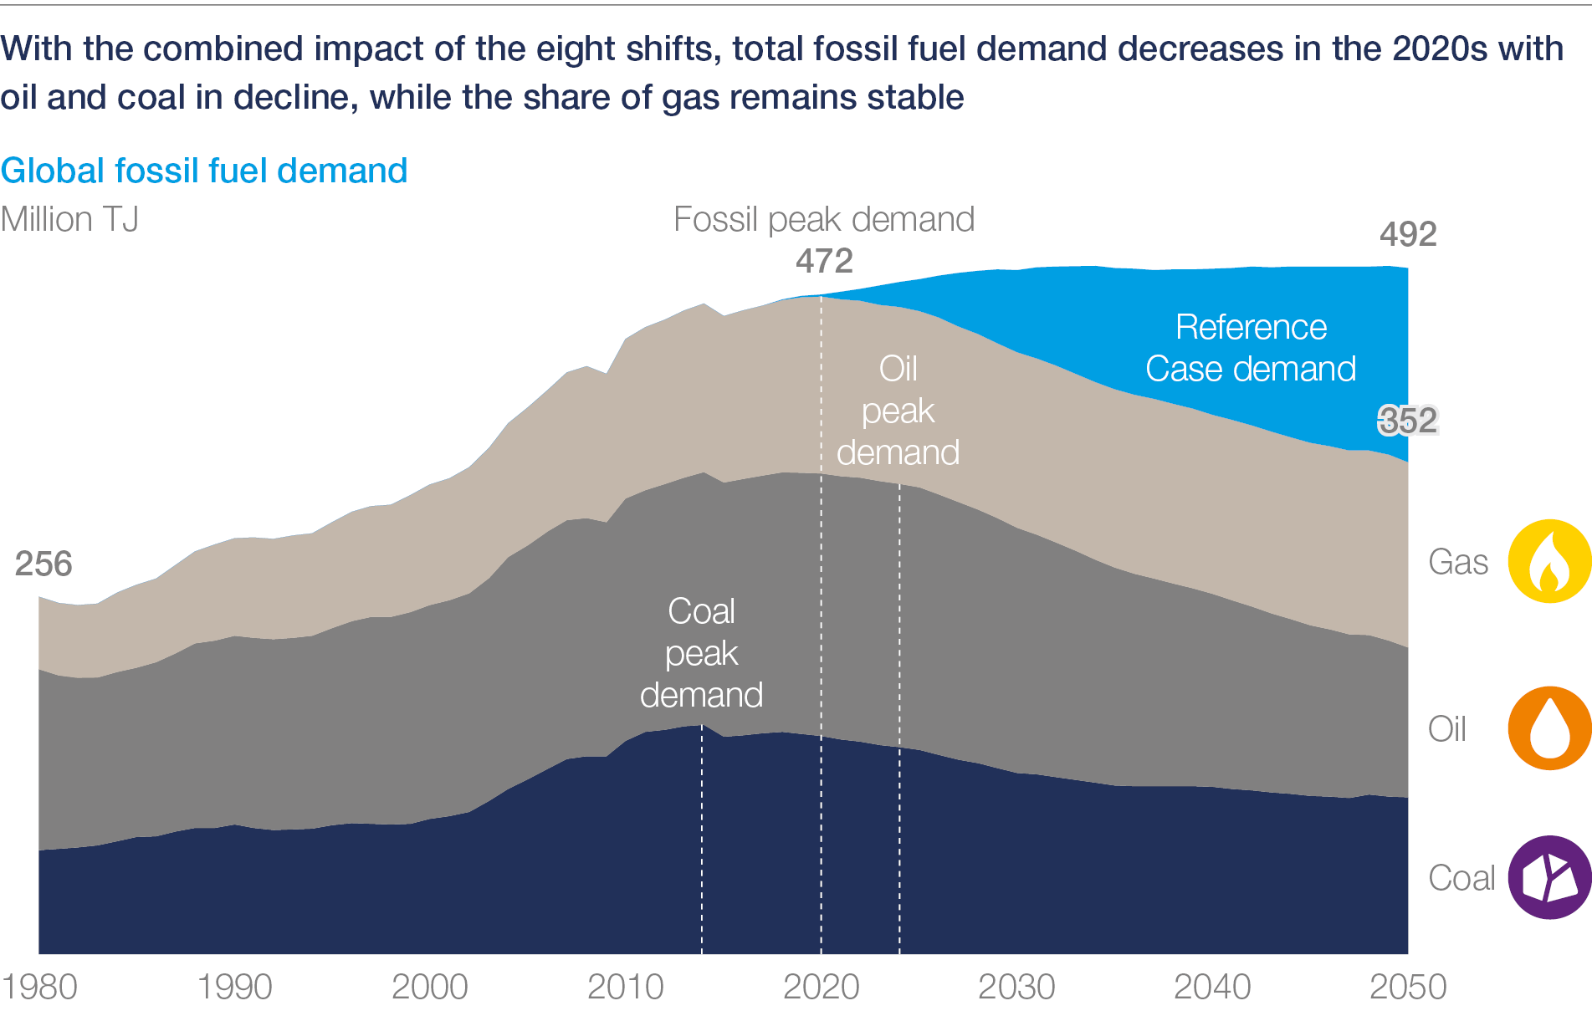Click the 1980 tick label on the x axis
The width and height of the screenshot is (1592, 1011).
click(x=39, y=987)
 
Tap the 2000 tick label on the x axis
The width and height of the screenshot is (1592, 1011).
click(x=429, y=987)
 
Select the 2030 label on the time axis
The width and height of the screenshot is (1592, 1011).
click(x=1016, y=987)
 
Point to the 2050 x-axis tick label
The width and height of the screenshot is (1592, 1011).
click(x=1408, y=987)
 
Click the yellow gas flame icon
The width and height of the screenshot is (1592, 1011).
click(x=1549, y=561)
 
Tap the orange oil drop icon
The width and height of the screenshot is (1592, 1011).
click(x=1549, y=728)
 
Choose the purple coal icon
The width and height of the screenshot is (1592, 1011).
click(x=1549, y=877)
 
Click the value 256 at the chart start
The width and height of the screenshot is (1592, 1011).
click(x=44, y=564)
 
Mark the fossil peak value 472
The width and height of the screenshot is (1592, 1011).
click(x=824, y=261)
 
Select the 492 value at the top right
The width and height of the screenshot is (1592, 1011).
click(x=1408, y=234)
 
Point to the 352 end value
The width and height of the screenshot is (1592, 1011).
click(x=1408, y=420)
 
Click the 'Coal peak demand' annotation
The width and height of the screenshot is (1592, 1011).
click(x=701, y=653)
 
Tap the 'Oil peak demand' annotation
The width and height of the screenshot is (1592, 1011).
click(x=898, y=411)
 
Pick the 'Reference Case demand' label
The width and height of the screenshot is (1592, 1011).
click(x=1251, y=348)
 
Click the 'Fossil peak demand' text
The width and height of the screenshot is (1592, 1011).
click(x=824, y=219)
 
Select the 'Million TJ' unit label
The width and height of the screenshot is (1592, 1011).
click(x=69, y=219)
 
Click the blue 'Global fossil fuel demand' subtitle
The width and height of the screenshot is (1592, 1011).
click(x=204, y=171)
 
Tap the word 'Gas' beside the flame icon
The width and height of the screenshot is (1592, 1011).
click(x=1458, y=562)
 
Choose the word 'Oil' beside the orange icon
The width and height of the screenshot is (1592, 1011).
click(x=1447, y=729)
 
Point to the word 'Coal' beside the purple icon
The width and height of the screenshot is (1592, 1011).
click(x=1461, y=878)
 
